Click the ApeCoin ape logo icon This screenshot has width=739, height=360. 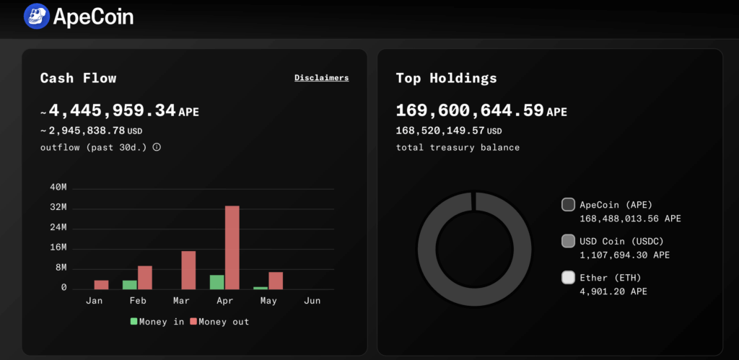tap(36, 16)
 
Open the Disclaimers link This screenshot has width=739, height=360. tap(321, 78)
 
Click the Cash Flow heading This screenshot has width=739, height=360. tap(78, 78)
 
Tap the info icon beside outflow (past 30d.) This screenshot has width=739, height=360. tap(157, 147)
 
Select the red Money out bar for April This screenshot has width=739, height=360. tap(232, 247)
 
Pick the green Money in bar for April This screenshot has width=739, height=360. tap(217, 281)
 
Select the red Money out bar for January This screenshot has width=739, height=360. tap(101, 284)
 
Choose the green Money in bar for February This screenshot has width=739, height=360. tap(129, 284)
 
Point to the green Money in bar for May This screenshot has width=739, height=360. tap(260, 288)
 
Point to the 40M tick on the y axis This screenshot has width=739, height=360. tap(58, 188)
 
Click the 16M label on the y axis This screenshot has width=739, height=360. tap(58, 247)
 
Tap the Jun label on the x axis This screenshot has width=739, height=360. tap(312, 301)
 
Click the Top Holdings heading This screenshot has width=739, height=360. tap(446, 78)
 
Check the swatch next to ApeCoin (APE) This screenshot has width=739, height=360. tap(568, 205)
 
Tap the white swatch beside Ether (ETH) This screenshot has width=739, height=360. tap(568, 277)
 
